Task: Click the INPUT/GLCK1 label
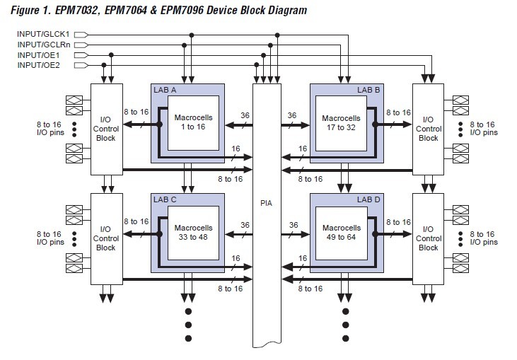43,34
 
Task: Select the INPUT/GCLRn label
44,45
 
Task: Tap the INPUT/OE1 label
39,55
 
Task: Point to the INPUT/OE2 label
39,65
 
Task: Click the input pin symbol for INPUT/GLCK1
81,35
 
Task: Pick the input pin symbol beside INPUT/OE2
81,65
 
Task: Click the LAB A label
165,90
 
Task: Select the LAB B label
368,90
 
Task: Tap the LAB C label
165,199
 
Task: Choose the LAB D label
368,199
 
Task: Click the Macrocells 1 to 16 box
194,123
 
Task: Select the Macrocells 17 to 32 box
342,123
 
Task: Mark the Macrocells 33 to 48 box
194,233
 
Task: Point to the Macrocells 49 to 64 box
342,233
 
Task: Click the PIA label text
267,203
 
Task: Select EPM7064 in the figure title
126,10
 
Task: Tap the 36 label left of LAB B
292,115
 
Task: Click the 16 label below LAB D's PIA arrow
303,258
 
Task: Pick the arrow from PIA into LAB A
239,125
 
